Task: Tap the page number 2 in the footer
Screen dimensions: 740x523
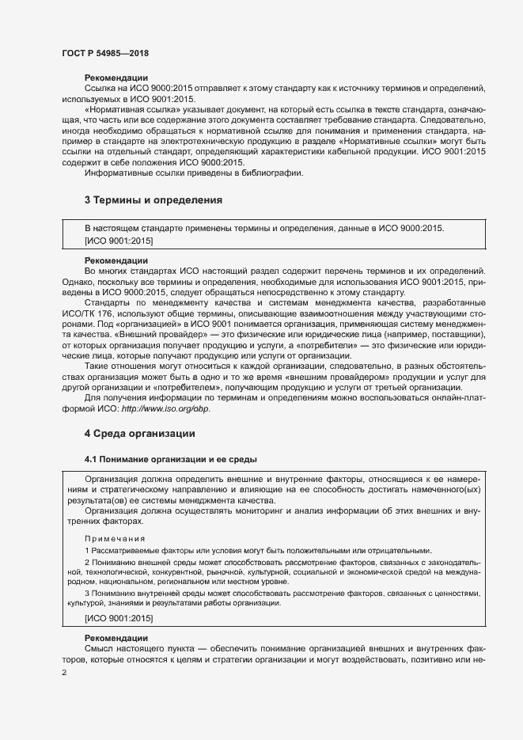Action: pos(64,672)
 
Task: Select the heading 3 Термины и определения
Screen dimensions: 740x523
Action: pos(152,199)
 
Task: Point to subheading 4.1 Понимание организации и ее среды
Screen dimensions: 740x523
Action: pos(171,459)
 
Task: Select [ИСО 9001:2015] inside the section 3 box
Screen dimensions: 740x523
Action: pos(119,239)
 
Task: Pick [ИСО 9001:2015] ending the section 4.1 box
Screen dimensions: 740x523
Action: pos(119,617)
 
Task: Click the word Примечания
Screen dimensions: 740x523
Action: pos(108,537)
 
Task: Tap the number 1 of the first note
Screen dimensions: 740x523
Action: pos(87,550)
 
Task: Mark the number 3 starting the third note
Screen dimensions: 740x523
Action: pos(87,592)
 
